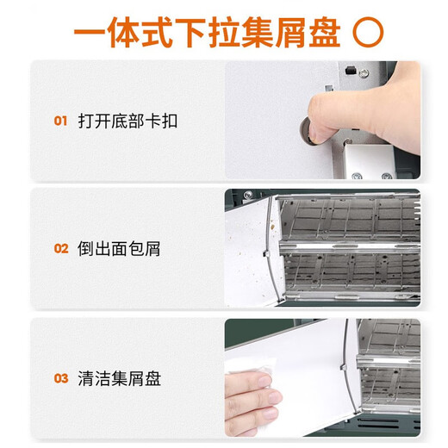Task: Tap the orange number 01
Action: [60, 121]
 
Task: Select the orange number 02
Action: [60, 249]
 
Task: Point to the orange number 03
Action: [60, 378]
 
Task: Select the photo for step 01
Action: [323, 121]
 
